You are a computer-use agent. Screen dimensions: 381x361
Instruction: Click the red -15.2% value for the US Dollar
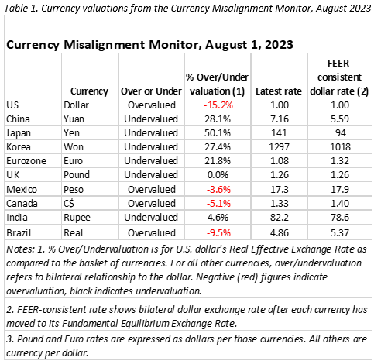point(218,105)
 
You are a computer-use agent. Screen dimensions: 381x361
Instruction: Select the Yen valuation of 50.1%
point(218,133)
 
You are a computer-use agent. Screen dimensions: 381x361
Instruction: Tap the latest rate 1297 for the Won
point(280,147)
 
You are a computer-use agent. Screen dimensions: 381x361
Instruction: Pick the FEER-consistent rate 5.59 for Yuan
point(340,119)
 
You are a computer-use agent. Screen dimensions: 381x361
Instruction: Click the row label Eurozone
point(26,161)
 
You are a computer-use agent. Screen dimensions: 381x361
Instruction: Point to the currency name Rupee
point(77,218)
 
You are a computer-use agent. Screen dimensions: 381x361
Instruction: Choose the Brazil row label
point(19,233)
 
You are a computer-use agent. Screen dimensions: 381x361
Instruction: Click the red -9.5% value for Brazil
point(218,233)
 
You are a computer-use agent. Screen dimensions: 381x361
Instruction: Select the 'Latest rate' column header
point(279,91)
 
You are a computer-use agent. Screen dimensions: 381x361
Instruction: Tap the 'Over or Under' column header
point(151,91)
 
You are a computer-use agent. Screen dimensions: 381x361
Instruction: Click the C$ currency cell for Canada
point(69,204)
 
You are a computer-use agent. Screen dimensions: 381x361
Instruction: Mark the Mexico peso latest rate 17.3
point(280,190)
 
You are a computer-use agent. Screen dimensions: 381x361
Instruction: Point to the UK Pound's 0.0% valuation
point(218,175)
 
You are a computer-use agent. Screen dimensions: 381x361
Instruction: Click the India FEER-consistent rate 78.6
point(340,218)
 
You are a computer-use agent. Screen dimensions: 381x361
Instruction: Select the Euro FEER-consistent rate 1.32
point(340,161)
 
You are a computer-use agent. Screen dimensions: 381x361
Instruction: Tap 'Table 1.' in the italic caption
point(21,9)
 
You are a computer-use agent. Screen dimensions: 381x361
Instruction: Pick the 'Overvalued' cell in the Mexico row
point(152,190)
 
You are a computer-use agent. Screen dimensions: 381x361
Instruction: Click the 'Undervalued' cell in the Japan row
point(151,133)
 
